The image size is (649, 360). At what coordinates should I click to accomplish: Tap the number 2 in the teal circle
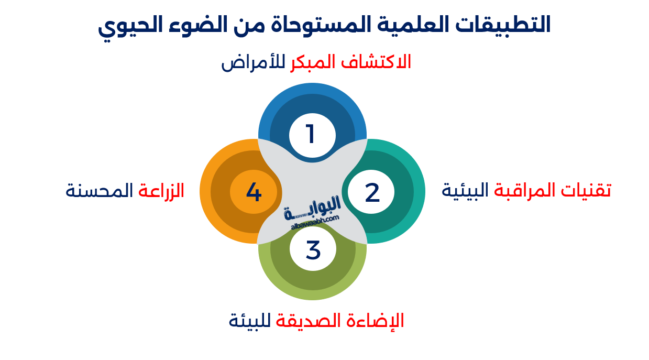point(372,193)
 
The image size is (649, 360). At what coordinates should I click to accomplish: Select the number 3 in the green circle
point(313,250)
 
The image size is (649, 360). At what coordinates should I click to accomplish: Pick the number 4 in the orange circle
point(254,192)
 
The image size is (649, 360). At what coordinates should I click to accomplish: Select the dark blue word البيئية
point(466,190)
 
